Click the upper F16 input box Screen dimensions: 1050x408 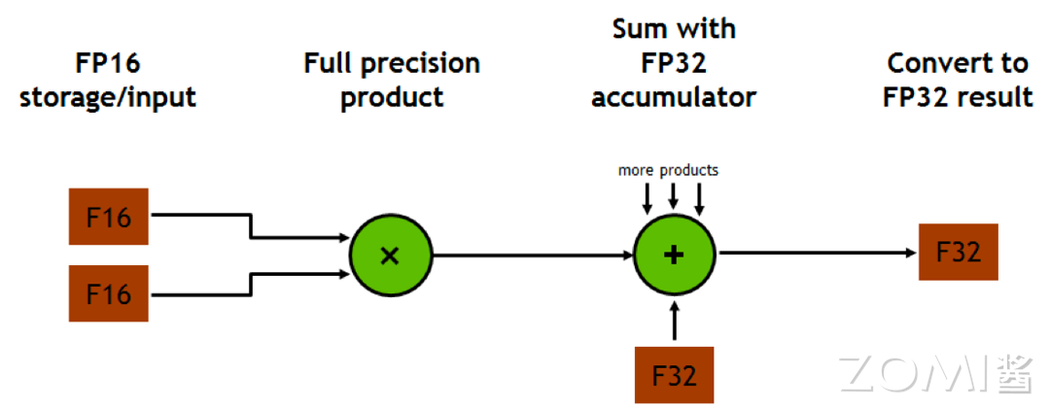[x=109, y=217]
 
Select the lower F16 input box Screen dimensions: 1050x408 [x=109, y=293]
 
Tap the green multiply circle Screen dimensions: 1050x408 [x=391, y=255]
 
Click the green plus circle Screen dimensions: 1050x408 [x=675, y=255]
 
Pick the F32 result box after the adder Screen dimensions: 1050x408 [x=959, y=253]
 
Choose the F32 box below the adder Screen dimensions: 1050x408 [x=675, y=375]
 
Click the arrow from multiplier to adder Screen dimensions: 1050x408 [x=533, y=255]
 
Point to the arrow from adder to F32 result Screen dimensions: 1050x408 [x=818, y=253]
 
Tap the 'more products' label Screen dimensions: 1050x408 [x=668, y=171]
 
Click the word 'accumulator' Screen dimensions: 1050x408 [x=674, y=98]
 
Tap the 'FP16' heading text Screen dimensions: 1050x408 [x=108, y=63]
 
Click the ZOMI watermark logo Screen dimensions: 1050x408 [x=935, y=374]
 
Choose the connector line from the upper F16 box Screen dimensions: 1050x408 [x=249, y=226]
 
